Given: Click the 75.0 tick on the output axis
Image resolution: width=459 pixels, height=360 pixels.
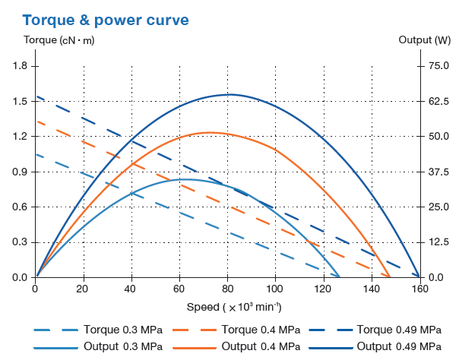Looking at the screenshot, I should [x=440, y=66].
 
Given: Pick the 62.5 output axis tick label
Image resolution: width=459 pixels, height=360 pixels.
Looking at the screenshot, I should [x=440, y=101].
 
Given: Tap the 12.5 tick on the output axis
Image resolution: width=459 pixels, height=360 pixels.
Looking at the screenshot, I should [x=440, y=242].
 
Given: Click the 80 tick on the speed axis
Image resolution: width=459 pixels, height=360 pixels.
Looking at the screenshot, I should [x=227, y=289].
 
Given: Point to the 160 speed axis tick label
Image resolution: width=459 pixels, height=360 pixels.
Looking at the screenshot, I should [x=419, y=289].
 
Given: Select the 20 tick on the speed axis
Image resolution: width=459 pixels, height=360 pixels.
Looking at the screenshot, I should [x=84, y=289].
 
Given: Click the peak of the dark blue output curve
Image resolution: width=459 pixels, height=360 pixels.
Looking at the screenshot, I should [x=229, y=95].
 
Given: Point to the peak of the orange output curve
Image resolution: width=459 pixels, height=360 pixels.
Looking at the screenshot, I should [x=209, y=133].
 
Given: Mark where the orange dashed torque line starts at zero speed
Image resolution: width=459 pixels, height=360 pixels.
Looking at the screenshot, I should [x=36, y=122].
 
